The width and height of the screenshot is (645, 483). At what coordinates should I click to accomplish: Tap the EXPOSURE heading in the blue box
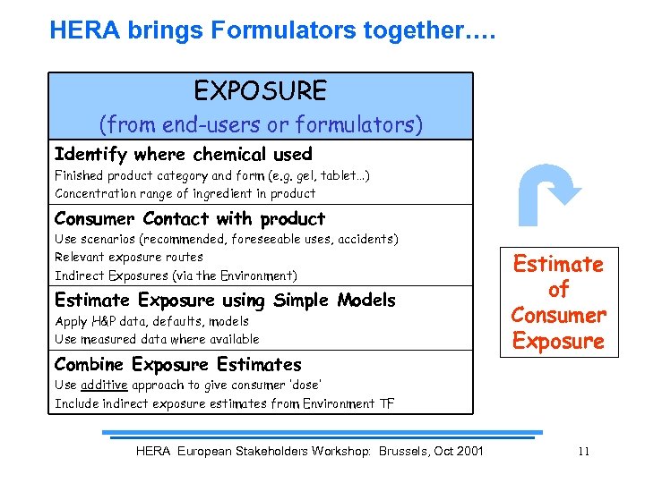click(x=260, y=90)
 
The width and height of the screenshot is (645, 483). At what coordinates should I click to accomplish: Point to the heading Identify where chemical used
click(x=183, y=154)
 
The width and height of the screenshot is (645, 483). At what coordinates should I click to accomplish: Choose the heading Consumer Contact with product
click(x=189, y=218)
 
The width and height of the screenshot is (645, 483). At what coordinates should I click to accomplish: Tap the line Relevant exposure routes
click(x=129, y=257)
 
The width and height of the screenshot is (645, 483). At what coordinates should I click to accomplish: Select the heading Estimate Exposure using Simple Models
click(x=224, y=300)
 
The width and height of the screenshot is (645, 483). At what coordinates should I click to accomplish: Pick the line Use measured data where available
click(x=157, y=339)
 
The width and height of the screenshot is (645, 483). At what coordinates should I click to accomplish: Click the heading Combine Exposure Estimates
click(x=177, y=364)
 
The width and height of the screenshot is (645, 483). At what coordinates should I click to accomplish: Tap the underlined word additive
click(x=105, y=385)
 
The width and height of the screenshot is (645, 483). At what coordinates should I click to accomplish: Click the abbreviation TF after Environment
click(x=386, y=403)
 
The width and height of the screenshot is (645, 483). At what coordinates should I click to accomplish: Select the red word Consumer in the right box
click(x=558, y=315)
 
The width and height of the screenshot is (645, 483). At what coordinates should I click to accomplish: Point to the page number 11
click(x=583, y=451)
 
